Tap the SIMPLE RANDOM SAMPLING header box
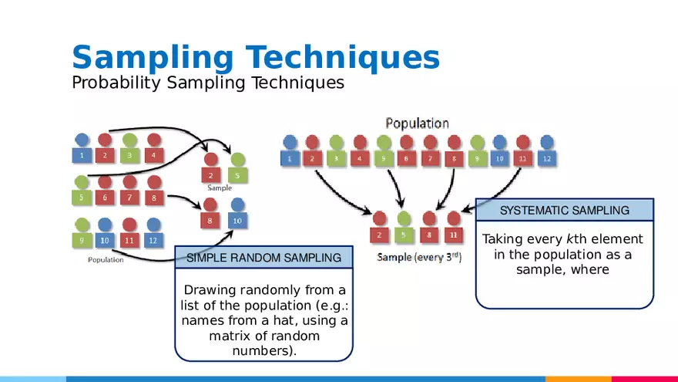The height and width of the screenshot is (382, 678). pos(263,258)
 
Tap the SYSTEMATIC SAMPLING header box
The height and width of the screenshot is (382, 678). pos(564,210)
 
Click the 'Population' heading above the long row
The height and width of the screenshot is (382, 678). pos(417,123)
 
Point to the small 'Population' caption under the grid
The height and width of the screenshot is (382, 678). pos(106,260)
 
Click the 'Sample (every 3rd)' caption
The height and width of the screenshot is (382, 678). pos(419,257)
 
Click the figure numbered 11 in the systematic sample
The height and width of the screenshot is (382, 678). pos(454,228)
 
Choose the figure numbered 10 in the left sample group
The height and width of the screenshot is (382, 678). pos(237,215)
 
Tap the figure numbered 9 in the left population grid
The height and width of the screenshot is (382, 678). pos(82,234)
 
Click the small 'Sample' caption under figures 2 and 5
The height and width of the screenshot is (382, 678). pos(220,188)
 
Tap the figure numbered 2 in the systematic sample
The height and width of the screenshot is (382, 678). pos(379,228)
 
